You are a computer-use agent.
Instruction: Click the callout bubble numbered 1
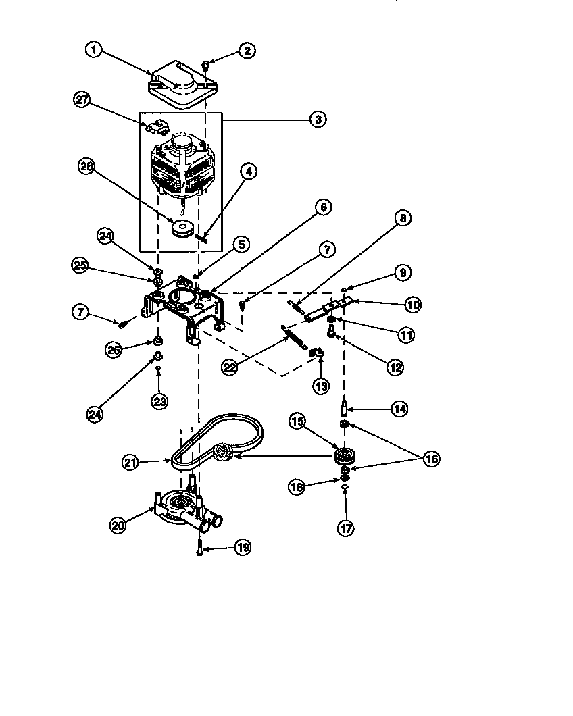95,50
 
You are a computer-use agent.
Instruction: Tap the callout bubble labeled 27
82,100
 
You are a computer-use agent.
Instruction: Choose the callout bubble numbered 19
242,548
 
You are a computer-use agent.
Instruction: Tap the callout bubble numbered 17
345,529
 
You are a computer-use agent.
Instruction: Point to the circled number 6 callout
322,207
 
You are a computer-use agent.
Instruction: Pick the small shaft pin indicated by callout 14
345,409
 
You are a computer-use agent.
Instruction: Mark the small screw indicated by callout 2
205,66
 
